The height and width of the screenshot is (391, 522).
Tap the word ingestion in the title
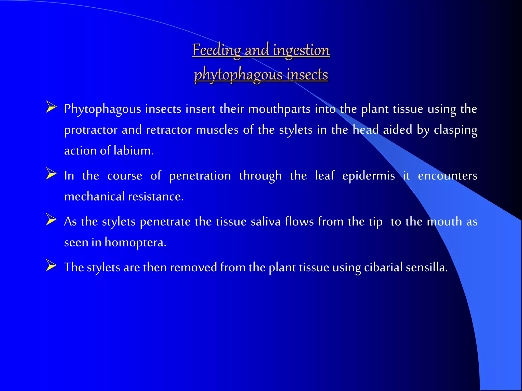301,50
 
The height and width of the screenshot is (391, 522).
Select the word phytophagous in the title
238,75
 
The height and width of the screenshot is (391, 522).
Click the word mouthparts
279,109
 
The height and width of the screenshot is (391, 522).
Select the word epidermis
369,176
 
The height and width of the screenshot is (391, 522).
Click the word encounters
448,176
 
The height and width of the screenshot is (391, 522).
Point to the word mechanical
94,196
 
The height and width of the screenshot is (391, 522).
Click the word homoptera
135,242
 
